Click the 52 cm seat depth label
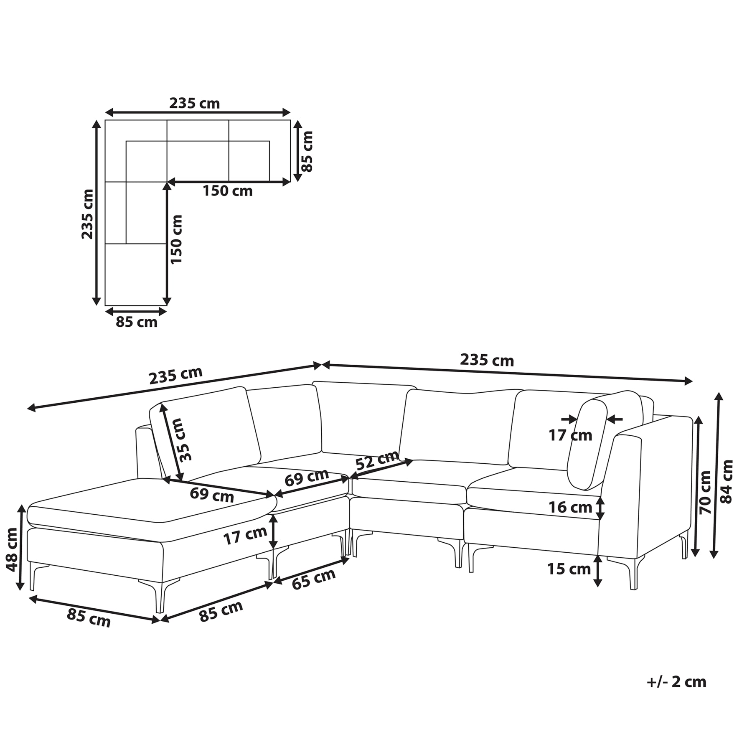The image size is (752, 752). coord(377,460)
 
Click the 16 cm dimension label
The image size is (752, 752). coord(570,508)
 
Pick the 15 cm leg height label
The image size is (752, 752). coord(569,569)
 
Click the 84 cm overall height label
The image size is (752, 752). coord(727,481)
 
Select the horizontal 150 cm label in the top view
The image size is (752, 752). coord(228,191)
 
